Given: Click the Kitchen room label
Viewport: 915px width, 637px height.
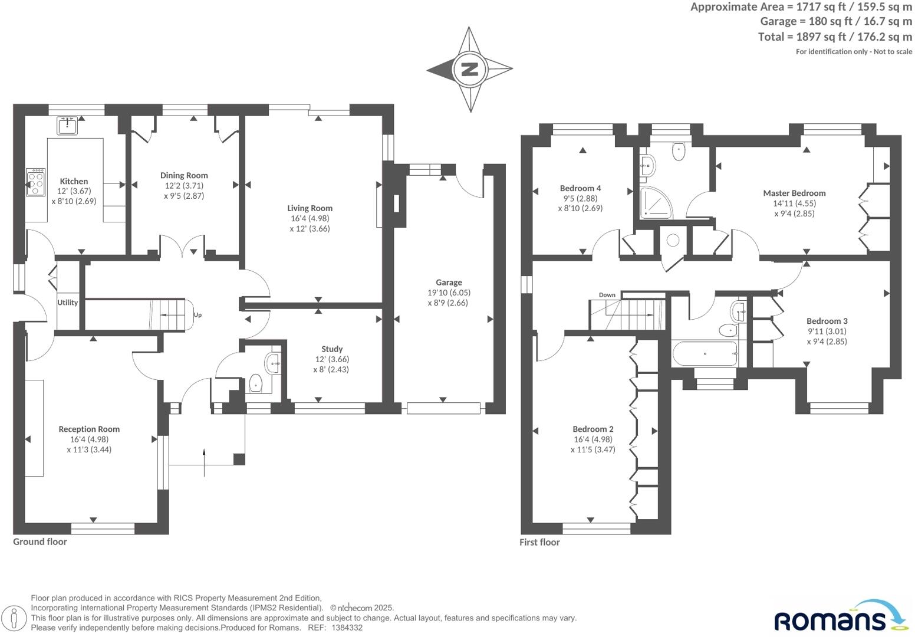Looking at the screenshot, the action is [74, 181].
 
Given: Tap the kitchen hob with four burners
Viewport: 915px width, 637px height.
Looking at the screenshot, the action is [35, 182].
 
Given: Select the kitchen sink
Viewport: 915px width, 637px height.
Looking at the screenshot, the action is [67, 126].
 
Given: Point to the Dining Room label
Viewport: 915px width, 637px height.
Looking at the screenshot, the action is [184, 175].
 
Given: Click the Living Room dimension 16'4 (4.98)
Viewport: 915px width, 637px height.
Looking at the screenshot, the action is [310, 219].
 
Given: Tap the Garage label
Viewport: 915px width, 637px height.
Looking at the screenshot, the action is [449, 283].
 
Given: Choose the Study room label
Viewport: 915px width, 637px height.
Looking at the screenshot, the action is [332, 349].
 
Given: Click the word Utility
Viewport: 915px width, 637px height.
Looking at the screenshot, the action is [67, 303].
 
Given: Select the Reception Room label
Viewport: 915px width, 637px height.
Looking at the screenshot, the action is [89, 429].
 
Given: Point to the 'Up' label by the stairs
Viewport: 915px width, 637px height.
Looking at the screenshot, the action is [198, 315].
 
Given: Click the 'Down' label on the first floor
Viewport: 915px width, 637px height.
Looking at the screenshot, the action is [607, 295].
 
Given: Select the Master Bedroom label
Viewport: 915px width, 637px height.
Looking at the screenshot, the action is [794, 193].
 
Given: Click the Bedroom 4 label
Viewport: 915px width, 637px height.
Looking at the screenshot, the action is [580, 188].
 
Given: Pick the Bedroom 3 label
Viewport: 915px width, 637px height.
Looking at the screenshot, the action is [827, 321].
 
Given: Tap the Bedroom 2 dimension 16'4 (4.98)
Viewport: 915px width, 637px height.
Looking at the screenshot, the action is [593, 439].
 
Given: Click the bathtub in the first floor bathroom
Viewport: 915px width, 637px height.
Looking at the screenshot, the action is [705, 353].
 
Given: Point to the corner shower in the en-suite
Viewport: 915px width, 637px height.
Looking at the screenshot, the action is [656, 202].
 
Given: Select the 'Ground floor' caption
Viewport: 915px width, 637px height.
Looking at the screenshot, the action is [40, 542].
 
